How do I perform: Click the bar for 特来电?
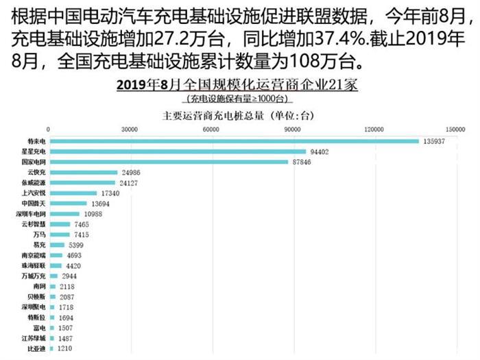click(x=234, y=141)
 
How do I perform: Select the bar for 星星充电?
click(x=178, y=151)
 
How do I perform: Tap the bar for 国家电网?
click(x=169, y=162)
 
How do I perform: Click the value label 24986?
click(x=130, y=172)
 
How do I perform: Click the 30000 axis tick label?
click(x=130, y=129)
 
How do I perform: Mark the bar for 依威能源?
click(x=82, y=182)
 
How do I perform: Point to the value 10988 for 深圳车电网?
click(x=93, y=214)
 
